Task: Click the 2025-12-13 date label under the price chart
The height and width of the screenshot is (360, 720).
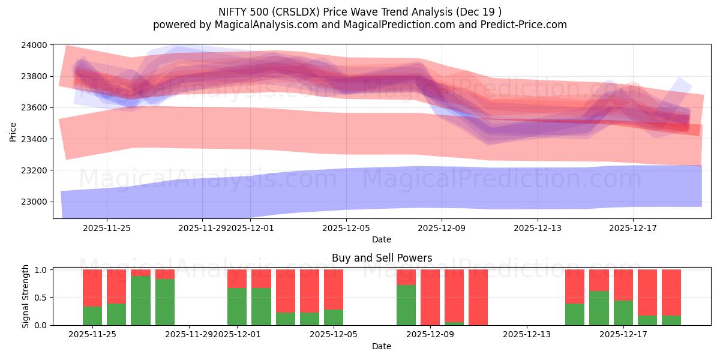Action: pyautogui.click(x=537, y=228)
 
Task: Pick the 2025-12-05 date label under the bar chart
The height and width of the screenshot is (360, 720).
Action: pyautogui.click(x=334, y=335)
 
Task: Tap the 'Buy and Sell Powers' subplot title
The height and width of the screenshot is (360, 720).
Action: pyautogui.click(x=382, y=258)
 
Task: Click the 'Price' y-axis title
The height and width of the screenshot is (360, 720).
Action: pyautogui.click(x=13, y=131)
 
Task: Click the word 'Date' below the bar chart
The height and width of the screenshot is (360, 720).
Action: pyautogui.click(x=382, y=346)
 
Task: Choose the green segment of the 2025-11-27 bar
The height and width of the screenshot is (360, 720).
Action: pyautogui.click(x=140, y=300)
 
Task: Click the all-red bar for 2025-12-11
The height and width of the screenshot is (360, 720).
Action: pyautogui.click(x=478, y=297)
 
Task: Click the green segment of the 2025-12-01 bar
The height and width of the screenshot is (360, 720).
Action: pyautogui.click(x=237, y=306)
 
